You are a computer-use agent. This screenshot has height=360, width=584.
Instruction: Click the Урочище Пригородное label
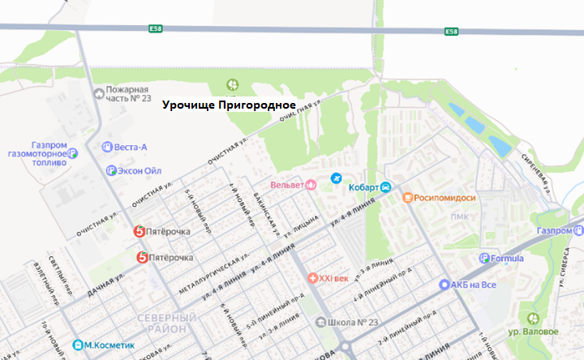[228, 105]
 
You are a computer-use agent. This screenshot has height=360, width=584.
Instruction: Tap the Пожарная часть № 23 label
[129, 93]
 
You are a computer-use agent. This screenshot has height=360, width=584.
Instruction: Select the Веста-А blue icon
[107, 147]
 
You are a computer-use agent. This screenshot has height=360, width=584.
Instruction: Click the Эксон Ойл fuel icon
[111, 170]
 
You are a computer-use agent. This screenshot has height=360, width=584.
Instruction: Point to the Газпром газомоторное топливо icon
[72, 151]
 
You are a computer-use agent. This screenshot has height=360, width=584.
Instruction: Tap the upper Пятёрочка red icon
[140, 232]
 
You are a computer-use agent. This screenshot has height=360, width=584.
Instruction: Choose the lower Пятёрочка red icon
[143, 258]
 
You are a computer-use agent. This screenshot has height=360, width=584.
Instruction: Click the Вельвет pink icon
[310, 185]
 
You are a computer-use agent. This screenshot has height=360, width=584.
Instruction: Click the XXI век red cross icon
[311, 279]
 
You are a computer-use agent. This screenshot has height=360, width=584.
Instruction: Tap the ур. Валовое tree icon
[532, 319]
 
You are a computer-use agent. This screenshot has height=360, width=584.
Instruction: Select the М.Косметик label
[106, 345]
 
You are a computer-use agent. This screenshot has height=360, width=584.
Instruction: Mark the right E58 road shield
[453, 32]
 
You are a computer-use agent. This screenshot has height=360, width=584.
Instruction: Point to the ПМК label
[461, 216]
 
